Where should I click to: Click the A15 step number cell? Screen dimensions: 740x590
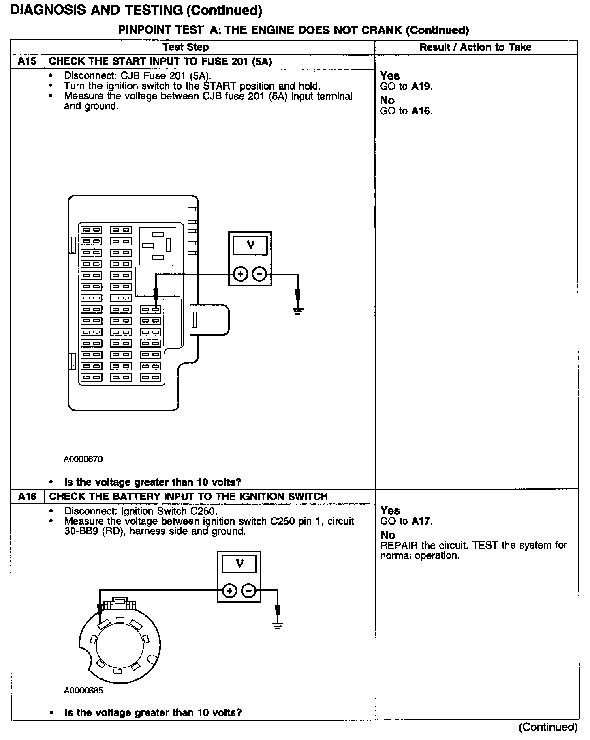pos(27,61)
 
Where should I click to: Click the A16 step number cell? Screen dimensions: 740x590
pos(27,496)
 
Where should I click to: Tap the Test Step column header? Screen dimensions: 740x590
pos(186,47)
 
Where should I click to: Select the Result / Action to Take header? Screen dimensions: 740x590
pos(475,47)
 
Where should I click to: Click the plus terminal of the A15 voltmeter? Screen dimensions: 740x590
pos(241,275)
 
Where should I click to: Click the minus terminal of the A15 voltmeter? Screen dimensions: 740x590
pos(259,275)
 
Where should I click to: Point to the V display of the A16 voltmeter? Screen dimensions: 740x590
pos(239,564)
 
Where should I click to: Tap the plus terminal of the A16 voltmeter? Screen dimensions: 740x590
pos(230,591)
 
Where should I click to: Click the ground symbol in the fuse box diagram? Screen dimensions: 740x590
pos(298,311)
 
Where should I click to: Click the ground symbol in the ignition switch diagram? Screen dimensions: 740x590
pos(278,625)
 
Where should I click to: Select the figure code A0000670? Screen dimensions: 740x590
pos(83,459)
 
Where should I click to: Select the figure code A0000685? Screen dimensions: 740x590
pos(83,690)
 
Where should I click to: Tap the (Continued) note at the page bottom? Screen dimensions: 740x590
pos(548,727)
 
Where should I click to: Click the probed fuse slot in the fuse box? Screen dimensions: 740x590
pos(151,310)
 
